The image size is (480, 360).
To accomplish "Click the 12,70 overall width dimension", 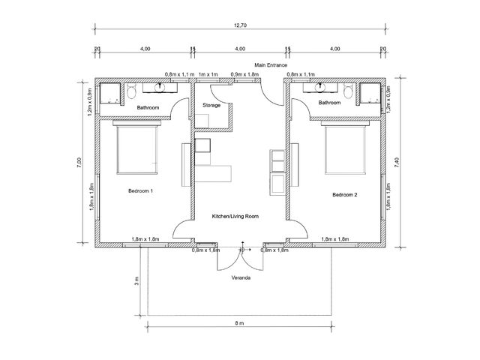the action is coord(240,25).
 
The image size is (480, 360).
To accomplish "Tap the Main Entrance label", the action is coord(271,65).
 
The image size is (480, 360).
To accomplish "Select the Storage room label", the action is coord(211,105).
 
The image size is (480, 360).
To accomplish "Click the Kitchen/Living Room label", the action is coord(235,216).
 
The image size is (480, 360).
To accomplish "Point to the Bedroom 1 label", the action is coord(140,190).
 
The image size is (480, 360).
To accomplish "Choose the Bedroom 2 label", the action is coord(345,195).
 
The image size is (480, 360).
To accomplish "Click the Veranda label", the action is coord(241,278).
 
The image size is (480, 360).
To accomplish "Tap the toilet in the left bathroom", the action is coord(132,91).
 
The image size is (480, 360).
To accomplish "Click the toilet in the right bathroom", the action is coord(348,90).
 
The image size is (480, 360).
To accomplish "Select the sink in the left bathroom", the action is coord(160,88).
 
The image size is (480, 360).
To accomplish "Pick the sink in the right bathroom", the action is coord(320,87).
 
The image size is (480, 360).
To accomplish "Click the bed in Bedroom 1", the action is coord(136,147).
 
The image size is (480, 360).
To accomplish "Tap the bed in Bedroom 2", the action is coord(345,148).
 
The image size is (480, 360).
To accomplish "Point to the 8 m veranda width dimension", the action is coord(240,323).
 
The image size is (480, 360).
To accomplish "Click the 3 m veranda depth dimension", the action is coord(136,280).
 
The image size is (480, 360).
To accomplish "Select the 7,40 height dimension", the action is coord(397,162).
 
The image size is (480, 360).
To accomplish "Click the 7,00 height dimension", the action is coord(79,162).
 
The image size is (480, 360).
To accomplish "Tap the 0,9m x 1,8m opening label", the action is coord(244,74).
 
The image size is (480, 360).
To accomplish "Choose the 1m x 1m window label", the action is coord(208,74).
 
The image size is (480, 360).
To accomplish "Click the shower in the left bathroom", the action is coord(110,93).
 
